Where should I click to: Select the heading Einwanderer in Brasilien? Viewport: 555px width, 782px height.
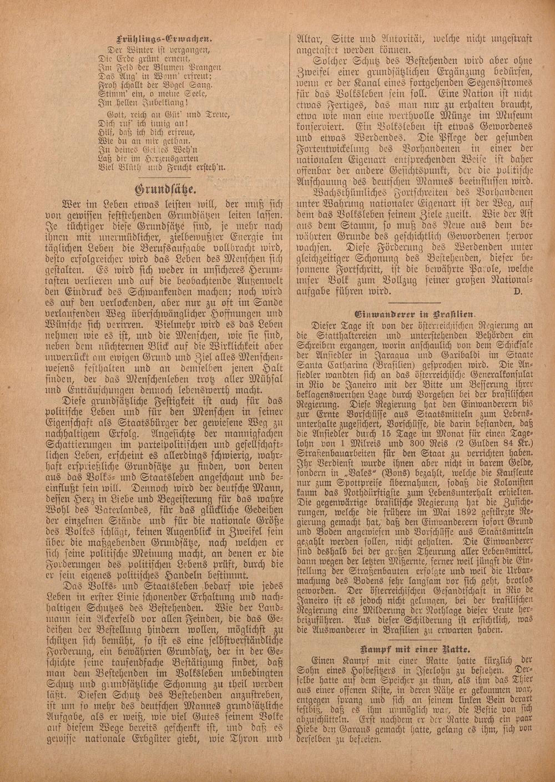coord(414,312)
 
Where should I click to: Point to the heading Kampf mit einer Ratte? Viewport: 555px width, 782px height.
coord(415,648)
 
